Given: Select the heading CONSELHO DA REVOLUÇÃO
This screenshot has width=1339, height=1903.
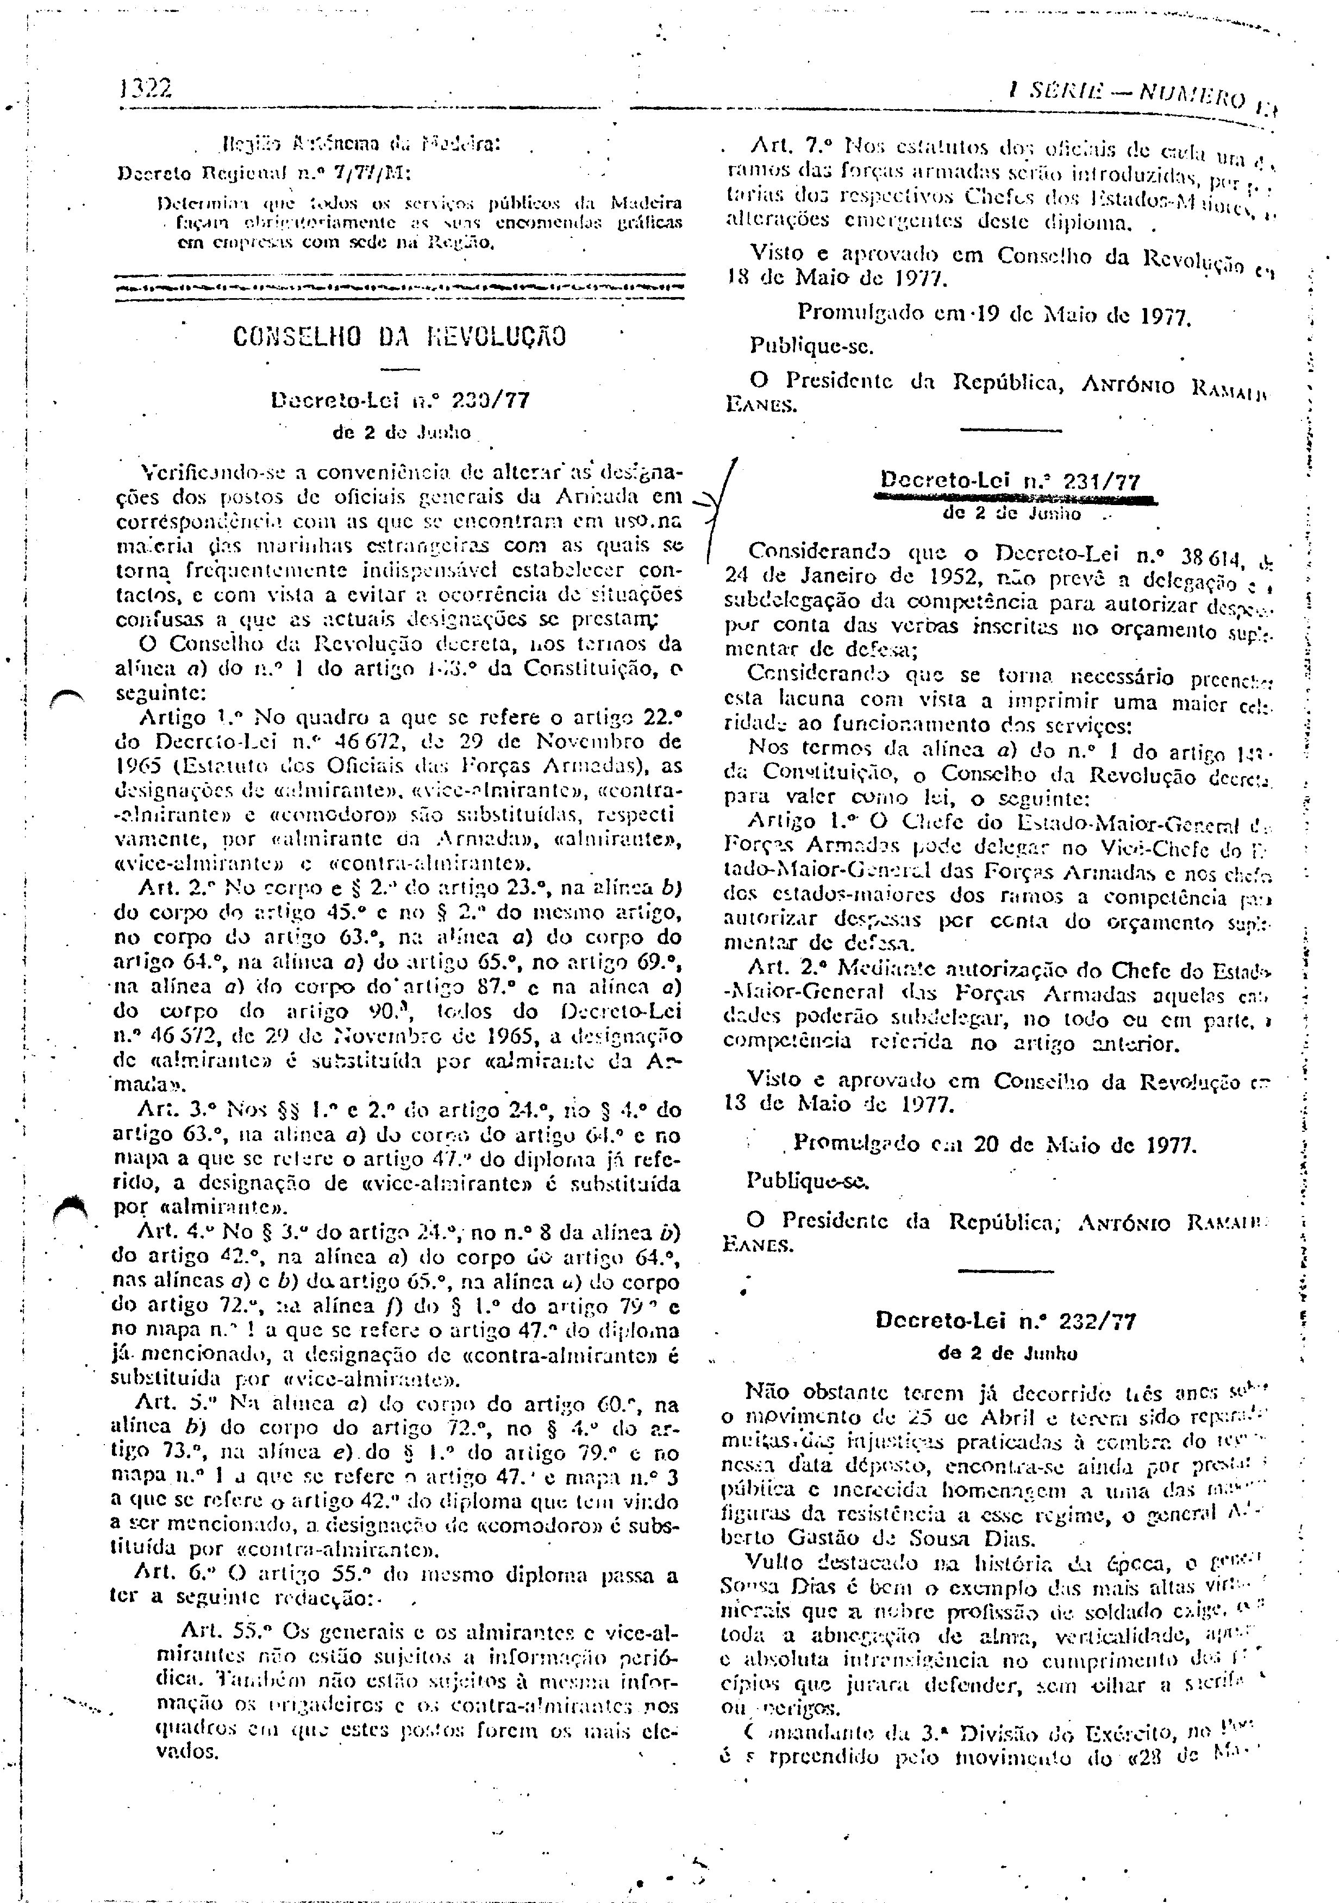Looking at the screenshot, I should tap(401, 337).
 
